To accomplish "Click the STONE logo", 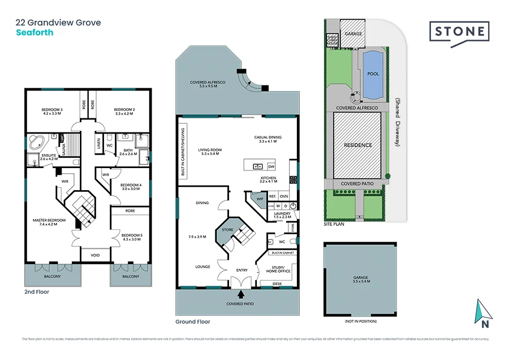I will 459,32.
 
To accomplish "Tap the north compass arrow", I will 483,312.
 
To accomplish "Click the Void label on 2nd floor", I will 96,255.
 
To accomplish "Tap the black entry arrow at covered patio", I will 242,294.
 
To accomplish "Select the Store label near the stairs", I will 227,230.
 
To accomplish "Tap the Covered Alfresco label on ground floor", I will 208,84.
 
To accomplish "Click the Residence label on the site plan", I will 358,145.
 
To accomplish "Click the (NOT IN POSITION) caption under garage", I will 360,322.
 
